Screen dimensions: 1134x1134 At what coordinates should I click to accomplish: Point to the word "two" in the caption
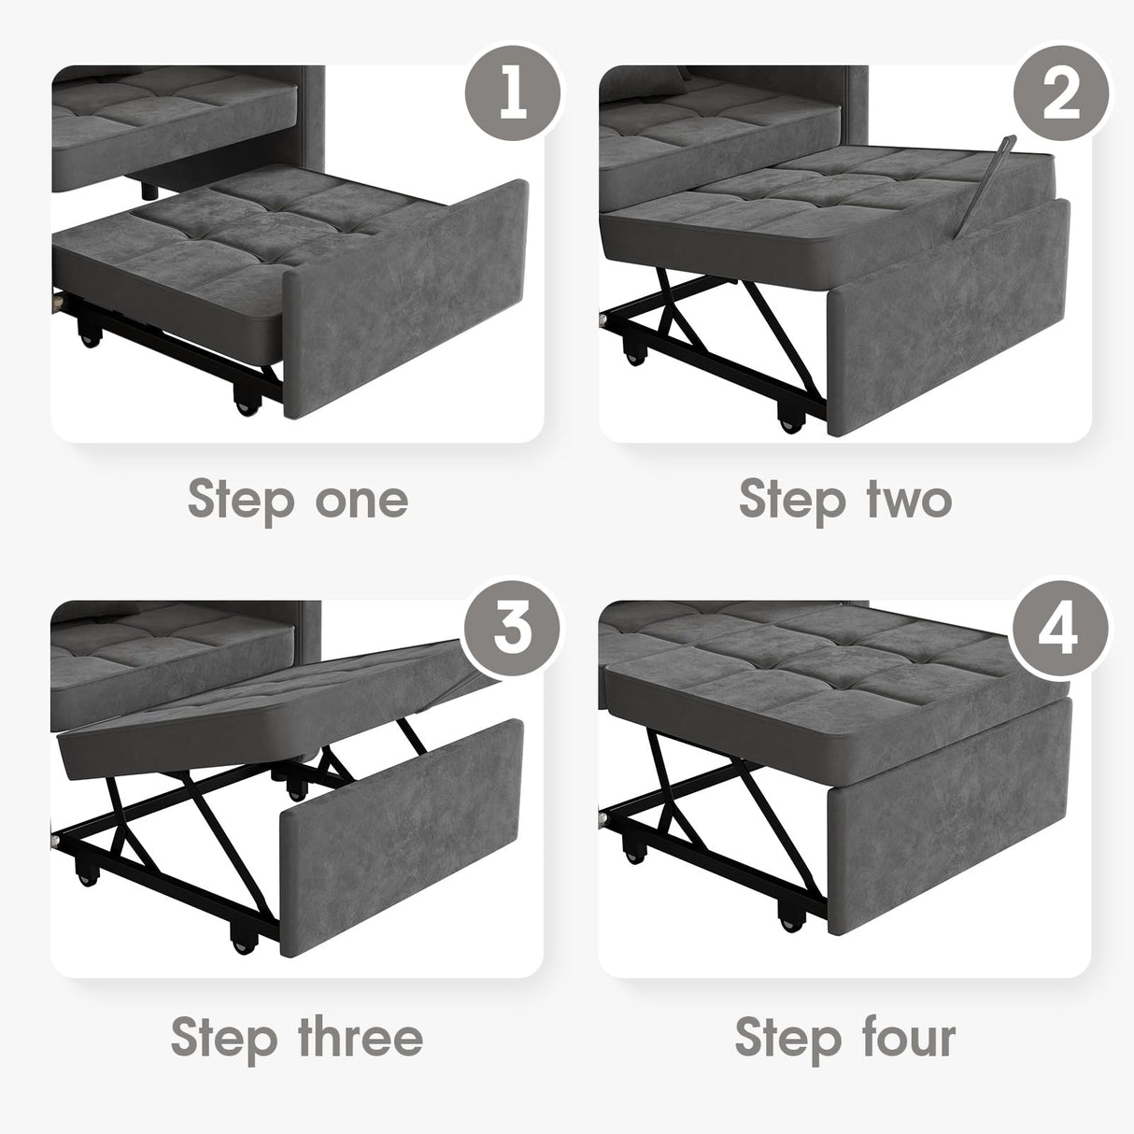click(x=905, y=500)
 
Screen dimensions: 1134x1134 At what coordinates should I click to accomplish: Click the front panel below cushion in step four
click(x=953, y=831)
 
